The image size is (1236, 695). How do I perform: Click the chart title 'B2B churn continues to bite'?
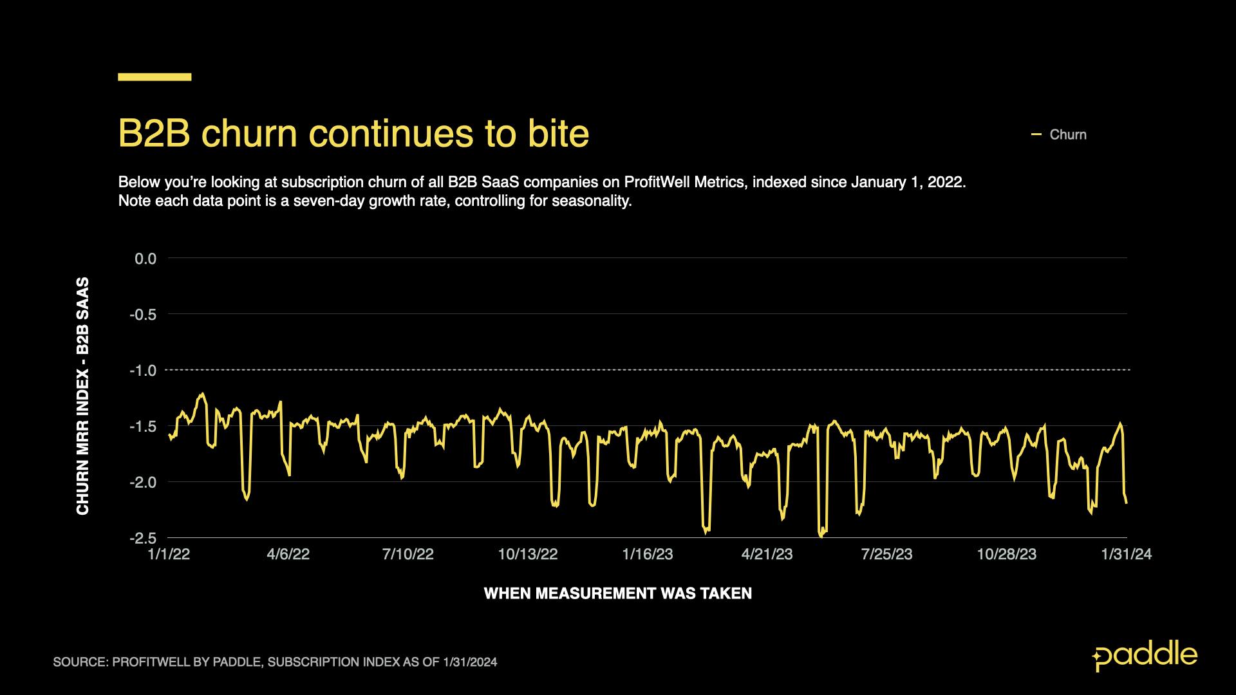353,134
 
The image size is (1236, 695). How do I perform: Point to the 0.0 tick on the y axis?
145,259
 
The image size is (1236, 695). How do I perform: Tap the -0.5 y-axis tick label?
143,315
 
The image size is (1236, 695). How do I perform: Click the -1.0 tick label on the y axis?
143,371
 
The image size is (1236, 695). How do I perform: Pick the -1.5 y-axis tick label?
143,427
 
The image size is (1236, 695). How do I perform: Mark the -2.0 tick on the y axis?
143,483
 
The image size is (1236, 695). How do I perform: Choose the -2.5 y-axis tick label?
143,538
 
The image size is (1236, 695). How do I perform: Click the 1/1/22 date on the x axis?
169,555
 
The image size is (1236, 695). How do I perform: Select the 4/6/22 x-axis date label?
288,555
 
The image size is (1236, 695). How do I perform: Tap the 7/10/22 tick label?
408,555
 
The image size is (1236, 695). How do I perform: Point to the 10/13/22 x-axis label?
528,555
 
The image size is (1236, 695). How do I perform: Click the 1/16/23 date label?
648,555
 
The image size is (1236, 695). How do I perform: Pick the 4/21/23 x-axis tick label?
767,555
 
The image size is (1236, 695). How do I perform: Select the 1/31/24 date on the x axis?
1127,555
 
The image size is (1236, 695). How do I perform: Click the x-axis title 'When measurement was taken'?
618,593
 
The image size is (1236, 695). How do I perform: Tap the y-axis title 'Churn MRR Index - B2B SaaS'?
83,396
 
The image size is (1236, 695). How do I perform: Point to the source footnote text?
275,662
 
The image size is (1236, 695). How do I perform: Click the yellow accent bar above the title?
154,77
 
